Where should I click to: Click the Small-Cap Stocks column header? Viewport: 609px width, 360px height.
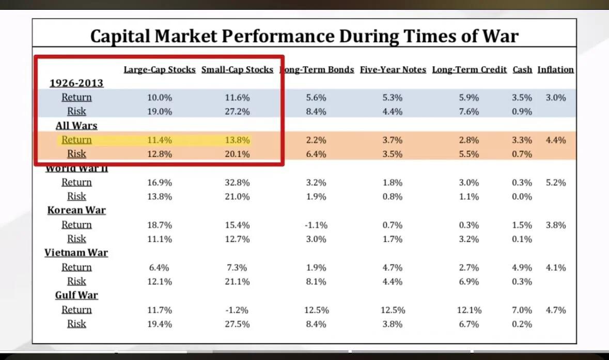pyautogui.click(x=237, y=70)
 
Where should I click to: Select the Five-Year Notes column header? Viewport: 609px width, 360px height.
pyautogui.click(x=393, y=70)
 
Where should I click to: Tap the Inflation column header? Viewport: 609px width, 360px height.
pyautogui.click(x=555, y=70)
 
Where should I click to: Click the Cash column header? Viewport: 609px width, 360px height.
pyautogui.click(x=522, y=70)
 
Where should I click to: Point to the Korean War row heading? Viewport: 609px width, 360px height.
pyautogui.click(x=76, y=210)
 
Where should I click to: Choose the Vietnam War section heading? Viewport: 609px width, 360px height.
pyautogui.click(x=76, y=253)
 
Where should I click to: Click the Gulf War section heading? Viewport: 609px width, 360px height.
pyautogui.click(x=76, y=295)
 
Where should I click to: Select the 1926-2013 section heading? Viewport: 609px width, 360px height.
pyautogui.click(x=76, y=83)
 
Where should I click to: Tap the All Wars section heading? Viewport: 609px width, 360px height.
pyautogui.click(x=76, y=126)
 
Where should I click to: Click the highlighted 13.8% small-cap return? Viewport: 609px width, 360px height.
pyautogui.click(x=237, y=140)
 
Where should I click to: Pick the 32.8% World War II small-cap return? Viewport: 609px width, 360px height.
pyautogui.click(x=237, y=182)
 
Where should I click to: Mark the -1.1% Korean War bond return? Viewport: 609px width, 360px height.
pyautogui.click(x=315, y=225)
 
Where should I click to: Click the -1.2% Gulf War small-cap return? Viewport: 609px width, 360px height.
pyautogui.click(x=237, y=310)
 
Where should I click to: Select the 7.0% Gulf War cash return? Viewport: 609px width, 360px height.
pyautogui.click(x=522, y=310)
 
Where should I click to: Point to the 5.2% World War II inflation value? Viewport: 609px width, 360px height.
pyautogui.click(x=555, y=182)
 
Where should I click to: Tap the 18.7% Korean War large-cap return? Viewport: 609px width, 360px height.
pyautogui.click(x=160, y=225)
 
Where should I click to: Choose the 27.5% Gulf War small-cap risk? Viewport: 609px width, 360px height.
pyautogui.click(x=237, y=324)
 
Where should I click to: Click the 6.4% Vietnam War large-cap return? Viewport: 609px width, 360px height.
pyautogui.click(x=160, y=268)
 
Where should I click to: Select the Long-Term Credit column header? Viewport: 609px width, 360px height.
pyautogui.click(x=470, y=70)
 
